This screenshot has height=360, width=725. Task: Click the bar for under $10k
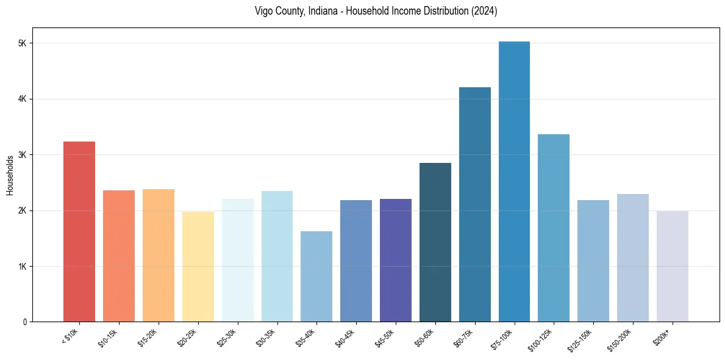pos(79,232)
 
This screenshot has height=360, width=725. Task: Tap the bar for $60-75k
pos(474,204)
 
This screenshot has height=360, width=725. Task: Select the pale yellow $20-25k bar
pos(198,267)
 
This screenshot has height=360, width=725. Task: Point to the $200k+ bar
pos(672,267)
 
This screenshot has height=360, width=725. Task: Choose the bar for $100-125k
pos(554,228)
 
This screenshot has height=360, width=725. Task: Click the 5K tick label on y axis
pos(23,43)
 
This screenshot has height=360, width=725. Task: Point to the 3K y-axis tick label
pos(23,155)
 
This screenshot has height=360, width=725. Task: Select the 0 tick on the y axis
pos(24,322)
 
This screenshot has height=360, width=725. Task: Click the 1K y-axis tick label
pos(23,267)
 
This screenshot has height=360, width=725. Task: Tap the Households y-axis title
pos(10,175)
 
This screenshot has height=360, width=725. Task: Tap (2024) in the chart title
pos(484,11)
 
